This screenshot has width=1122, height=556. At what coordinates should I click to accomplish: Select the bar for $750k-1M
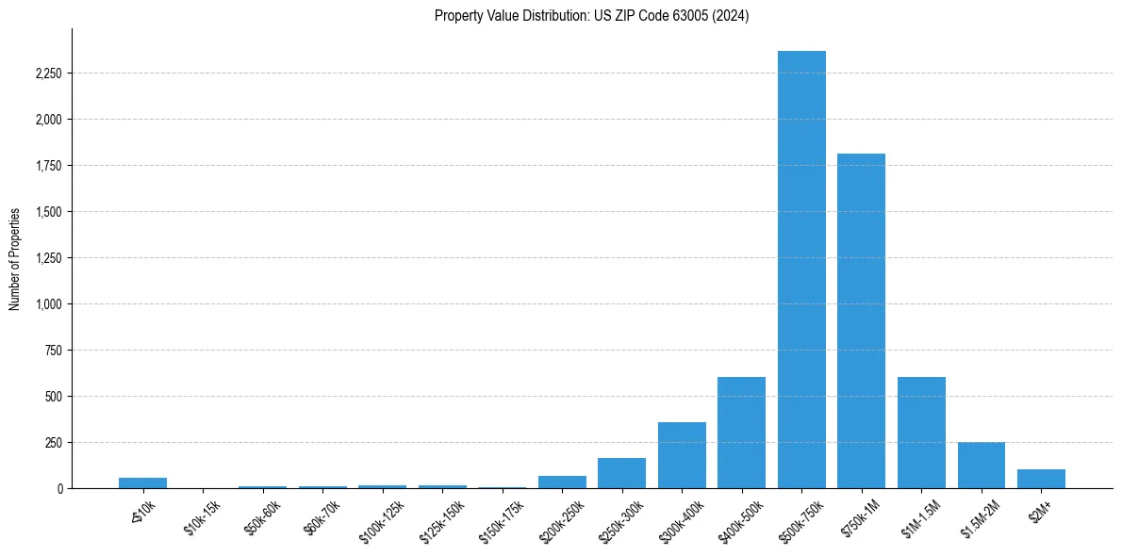[x=861, y=320]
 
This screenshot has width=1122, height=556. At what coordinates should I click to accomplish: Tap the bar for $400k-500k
[x=741, y=433]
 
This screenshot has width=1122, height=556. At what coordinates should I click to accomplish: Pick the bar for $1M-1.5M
[x=921, y=433]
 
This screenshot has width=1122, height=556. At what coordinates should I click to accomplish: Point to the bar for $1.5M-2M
[x=981, y=466]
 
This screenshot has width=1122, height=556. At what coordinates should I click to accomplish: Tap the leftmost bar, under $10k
[x=142, y=483]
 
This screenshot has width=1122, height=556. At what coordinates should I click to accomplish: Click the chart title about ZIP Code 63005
[x=591, y=16]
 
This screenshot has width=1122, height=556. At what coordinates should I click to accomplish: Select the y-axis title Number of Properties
[x=15, y=258]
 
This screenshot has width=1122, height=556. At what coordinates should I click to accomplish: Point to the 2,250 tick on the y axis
[x=47, y=74]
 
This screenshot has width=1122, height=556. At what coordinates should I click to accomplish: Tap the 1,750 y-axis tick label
[x=47, y=166]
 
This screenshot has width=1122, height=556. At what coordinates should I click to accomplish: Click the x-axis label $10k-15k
[x=202, y=517]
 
